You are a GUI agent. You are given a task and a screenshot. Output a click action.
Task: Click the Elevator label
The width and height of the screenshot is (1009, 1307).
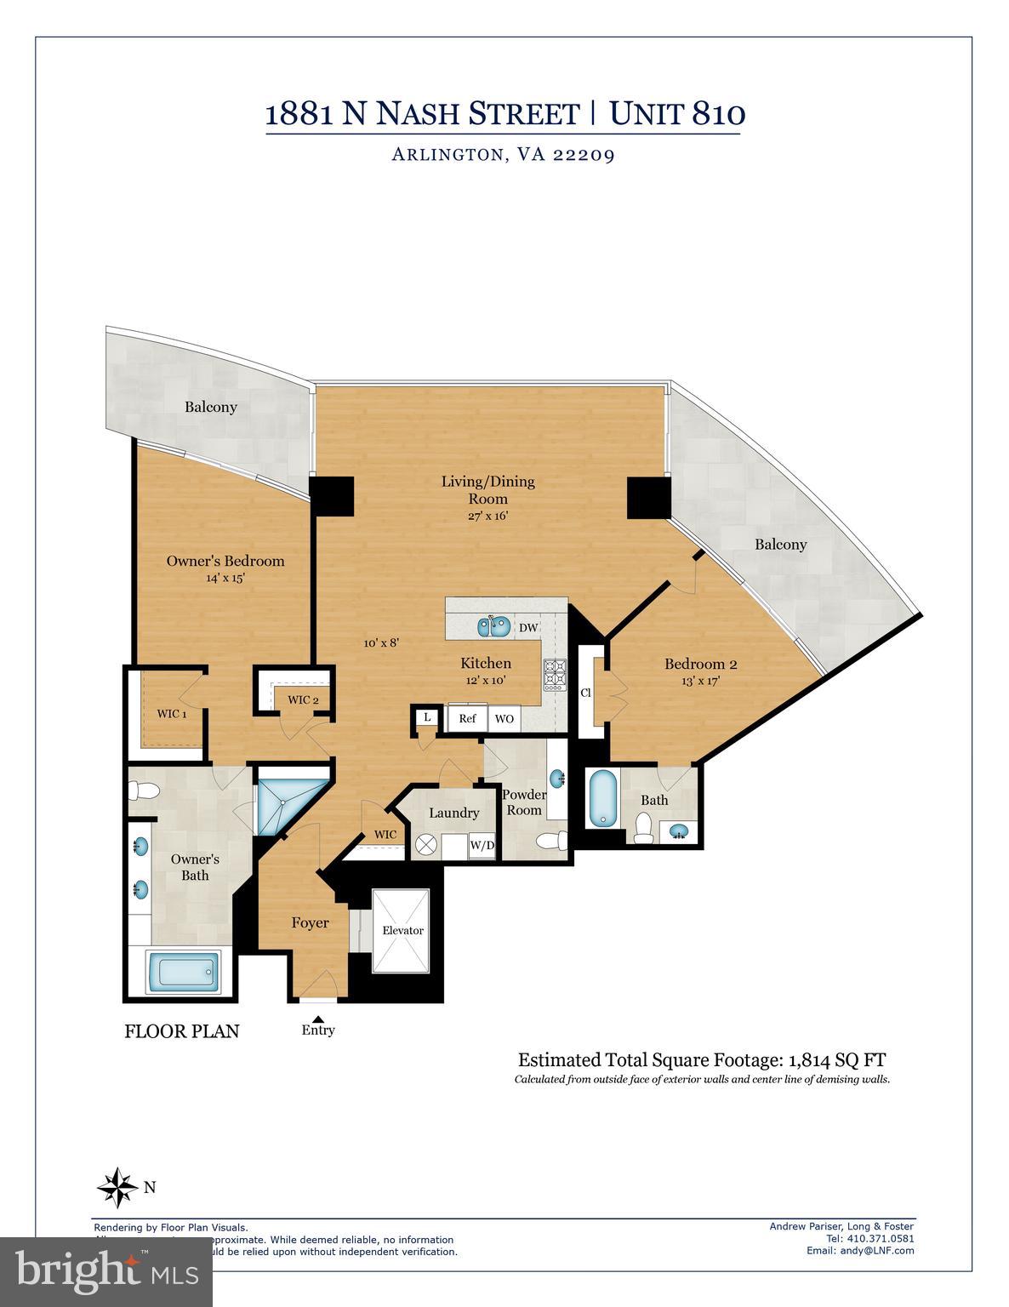402,930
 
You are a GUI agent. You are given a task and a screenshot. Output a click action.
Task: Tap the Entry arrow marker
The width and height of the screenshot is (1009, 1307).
318,1018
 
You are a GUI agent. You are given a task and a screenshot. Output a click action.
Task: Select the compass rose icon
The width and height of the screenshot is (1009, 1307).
117,1187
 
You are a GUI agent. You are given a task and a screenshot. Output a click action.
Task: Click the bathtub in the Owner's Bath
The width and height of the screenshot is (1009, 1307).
182,972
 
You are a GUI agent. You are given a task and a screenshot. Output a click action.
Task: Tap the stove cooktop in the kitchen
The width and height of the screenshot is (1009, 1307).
556,673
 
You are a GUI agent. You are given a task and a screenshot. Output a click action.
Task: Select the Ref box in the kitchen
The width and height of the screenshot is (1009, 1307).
467,718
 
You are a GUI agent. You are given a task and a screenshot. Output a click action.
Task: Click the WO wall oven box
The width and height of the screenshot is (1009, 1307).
504,718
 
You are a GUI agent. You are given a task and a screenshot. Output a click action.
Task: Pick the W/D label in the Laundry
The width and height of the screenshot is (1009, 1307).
482,846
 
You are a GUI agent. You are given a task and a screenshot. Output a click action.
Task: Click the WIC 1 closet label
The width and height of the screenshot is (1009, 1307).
171,713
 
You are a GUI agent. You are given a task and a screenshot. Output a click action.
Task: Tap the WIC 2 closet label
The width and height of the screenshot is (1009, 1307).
303,699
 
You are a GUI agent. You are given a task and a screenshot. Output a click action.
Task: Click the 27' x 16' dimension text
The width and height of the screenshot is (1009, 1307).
487,516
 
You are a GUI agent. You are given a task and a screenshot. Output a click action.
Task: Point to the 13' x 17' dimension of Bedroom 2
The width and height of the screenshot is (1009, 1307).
700,680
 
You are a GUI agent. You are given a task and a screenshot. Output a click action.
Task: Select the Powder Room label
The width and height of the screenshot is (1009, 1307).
524,802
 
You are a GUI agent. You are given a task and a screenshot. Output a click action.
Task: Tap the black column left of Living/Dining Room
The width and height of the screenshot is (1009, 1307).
332,496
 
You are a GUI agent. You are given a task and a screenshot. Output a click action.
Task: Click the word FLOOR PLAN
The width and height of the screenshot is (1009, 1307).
182,1031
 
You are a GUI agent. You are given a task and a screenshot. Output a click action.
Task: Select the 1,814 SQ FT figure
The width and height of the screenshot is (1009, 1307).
837,1060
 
